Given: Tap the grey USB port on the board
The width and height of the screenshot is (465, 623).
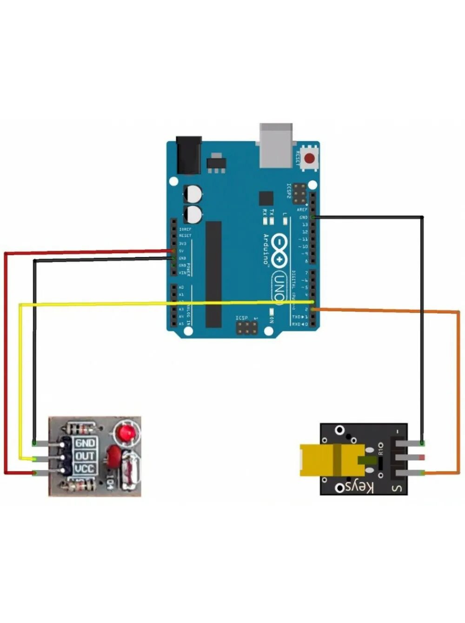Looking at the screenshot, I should point(276,145).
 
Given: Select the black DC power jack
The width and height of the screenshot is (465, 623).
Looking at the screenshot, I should point(189,154).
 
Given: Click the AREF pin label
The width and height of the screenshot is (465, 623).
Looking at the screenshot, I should point(302,210).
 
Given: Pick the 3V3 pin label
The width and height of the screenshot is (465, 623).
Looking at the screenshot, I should point(182,243).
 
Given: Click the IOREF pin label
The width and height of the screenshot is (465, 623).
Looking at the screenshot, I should point(185,229).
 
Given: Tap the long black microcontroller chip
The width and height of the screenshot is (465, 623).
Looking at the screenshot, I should point(213,274).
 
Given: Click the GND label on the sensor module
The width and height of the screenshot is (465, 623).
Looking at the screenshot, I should point(85,444).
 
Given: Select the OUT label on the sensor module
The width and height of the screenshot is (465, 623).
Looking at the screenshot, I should point(85,456).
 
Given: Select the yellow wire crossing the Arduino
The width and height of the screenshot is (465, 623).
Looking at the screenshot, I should point(93,304).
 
